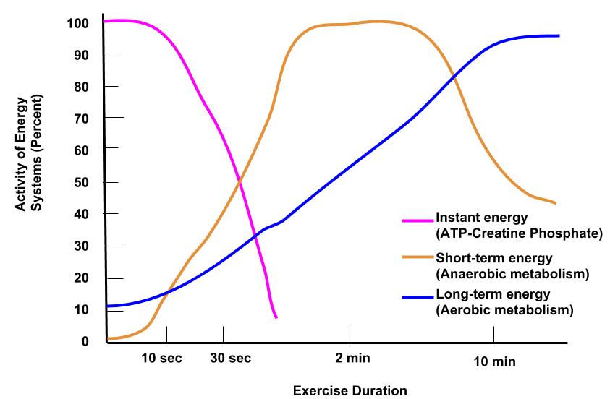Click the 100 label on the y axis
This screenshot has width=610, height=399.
coord(79,23)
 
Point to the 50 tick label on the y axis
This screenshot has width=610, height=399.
coord(82,183)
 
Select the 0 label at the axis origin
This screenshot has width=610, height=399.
coord(85,341)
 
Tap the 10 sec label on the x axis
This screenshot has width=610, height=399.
coord(163,359)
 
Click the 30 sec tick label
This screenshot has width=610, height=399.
coord(230,359)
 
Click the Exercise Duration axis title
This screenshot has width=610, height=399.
coord(350,391)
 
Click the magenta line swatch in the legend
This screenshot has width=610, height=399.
coord(417,219)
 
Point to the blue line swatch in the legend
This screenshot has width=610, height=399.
coord(417,296)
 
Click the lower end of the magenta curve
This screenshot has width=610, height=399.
coord(276,317)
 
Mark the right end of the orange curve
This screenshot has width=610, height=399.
coord(555,203)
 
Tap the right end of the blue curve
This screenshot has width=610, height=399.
coord(559,35)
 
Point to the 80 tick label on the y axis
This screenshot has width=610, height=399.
coord(82,87)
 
